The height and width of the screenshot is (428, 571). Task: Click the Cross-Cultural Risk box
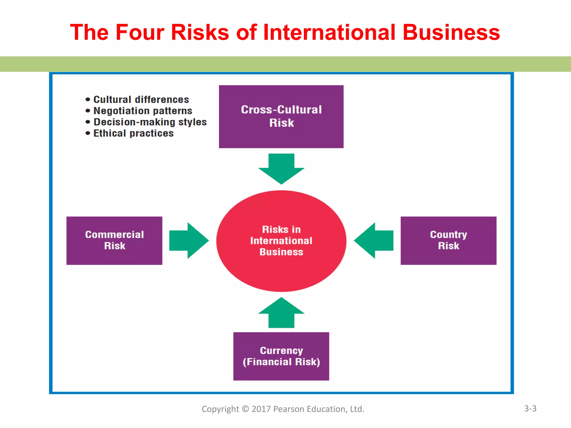tap(281, 116)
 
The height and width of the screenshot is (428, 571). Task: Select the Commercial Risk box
tap(114, 240)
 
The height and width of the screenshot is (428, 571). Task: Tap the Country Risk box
tap(448, 240)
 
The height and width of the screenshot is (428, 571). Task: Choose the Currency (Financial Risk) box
tap(281, 356)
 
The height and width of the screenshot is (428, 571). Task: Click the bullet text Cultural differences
tap(141, 99)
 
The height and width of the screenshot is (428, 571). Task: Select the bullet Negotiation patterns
tap(143, 111)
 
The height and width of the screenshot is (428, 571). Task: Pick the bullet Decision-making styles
tap(150, 122)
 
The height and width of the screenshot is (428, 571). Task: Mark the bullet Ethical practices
tap(133, 133)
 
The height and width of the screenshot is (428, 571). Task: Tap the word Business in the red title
tap(451, 32)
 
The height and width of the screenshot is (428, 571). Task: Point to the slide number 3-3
tap(530, 408)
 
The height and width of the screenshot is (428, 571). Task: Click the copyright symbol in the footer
tap(245, 409)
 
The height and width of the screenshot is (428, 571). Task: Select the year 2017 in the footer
tap(261, 409)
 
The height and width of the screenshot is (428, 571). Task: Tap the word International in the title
tap(329, 32)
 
